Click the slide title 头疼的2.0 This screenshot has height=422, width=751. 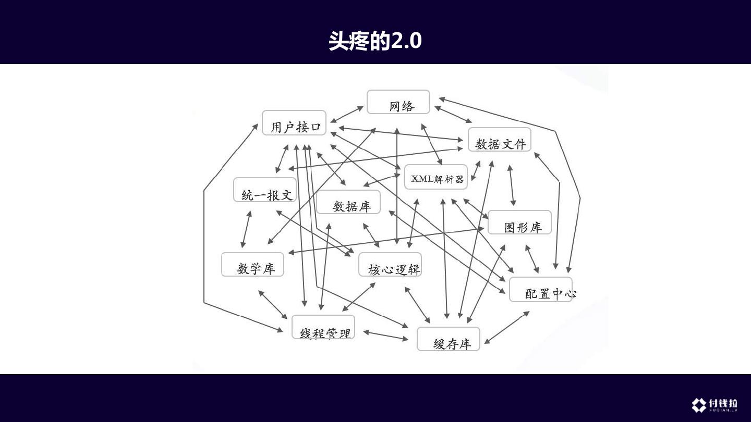tap(375, 41)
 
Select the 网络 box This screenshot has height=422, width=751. tap(398, 102)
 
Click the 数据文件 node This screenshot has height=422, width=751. tap(499, 140)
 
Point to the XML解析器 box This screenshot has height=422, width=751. tap(436, 177)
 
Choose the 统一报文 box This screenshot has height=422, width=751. tap(265, 190)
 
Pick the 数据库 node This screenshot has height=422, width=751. tap(348, 202)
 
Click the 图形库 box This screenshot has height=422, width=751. tap(519, 222)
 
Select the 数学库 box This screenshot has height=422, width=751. tap(253, 265)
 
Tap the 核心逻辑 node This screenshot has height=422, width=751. tap(390, 265)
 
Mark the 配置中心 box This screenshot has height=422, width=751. tap(541, 290)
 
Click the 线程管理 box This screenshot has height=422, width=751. tap(323, 327)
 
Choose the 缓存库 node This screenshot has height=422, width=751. tap(449, 339)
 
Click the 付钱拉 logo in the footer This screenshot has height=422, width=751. tap(714, 405)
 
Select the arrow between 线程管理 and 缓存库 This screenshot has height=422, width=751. tap(386, 335)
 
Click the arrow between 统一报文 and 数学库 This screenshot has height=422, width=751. tap(246, 229)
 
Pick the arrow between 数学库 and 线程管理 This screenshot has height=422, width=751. tap(273, 305)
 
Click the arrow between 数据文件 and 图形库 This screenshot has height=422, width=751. tap(512, 185)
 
